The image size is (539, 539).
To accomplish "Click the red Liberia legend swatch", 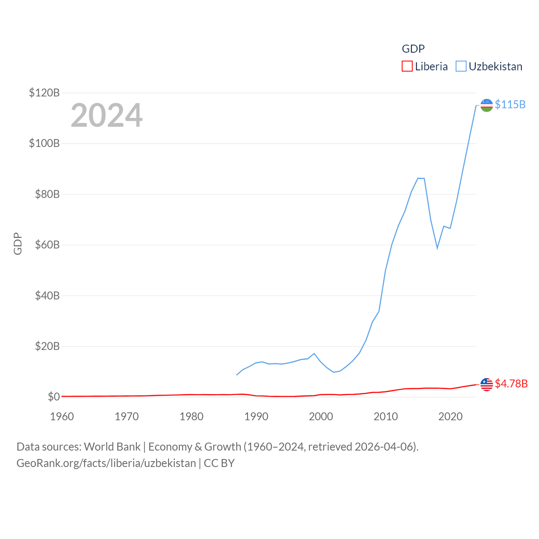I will [407, 67].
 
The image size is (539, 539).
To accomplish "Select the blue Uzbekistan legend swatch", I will [461, 67].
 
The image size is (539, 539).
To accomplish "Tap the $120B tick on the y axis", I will [44, 93].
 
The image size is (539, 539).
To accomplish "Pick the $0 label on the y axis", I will [53, 397].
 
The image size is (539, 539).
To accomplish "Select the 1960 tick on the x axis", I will [62, 416].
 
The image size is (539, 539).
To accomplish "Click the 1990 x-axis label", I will [256, 416].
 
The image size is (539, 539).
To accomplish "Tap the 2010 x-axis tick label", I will [386, 416].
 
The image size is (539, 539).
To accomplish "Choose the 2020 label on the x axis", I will [451, 416].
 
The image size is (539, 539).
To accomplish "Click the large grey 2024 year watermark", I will [107, 115].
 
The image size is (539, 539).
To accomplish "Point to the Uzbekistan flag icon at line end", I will [486, 105].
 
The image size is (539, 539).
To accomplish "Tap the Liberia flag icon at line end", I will [486, 384].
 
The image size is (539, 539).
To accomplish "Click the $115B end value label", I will [510, 104].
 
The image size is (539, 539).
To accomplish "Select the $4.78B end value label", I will [511, 384].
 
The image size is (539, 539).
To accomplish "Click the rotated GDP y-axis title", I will [18, 243].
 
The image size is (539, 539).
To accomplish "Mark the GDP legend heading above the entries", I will [413, 49].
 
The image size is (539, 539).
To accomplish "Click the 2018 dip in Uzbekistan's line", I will [437, 248].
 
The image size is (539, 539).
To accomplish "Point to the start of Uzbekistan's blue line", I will [237, 375].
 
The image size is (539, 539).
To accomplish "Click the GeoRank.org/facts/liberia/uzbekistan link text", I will [106, 463].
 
